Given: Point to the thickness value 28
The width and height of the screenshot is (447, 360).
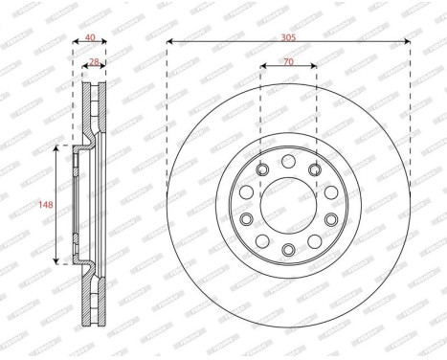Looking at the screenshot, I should click(x=93, y=61).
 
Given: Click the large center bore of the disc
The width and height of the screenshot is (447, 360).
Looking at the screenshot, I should click(x=288, y=203).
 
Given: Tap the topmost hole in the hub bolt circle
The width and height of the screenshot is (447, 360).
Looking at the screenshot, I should click(x=288, y=159).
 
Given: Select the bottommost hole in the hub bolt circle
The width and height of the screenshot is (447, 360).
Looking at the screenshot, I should click(x=288, y=249).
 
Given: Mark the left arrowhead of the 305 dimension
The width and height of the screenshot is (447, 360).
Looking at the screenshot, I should click(x=169, y=41).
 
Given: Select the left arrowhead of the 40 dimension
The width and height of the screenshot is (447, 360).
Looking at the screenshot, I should click(x=76, y=41).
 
